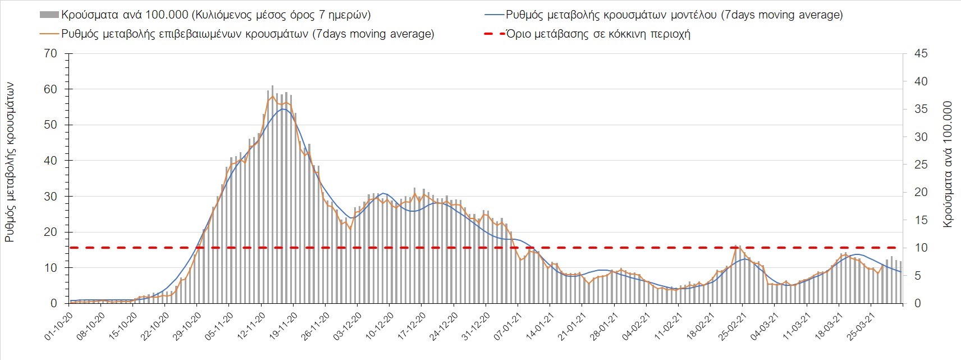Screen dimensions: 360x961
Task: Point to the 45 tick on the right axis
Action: (x=921, y=54)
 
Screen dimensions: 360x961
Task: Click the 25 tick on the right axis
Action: (x=921, y=165)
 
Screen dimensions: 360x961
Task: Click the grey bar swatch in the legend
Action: (x=49, y=15)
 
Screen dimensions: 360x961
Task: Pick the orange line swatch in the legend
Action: (x=49, y=34)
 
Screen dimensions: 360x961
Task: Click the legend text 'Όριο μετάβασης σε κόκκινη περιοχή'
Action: (x=598, y=34)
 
